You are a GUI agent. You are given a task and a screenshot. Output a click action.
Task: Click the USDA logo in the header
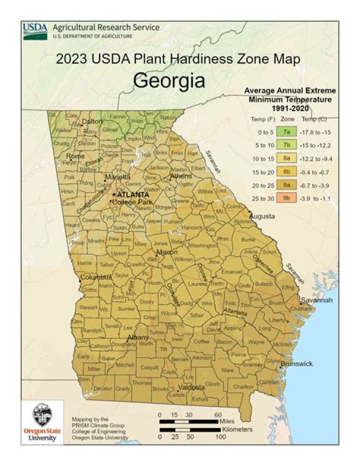click(35, 31)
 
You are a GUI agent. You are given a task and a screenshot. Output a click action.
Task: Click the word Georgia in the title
click(169, 80)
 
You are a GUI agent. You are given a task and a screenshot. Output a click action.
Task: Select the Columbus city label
click(96, 277)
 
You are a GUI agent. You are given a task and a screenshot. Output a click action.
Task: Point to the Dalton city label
click(91, 121)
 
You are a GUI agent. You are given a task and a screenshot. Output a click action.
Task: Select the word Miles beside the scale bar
click(226, 421)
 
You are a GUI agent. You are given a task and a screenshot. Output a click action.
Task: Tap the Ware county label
click(227, 370)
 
